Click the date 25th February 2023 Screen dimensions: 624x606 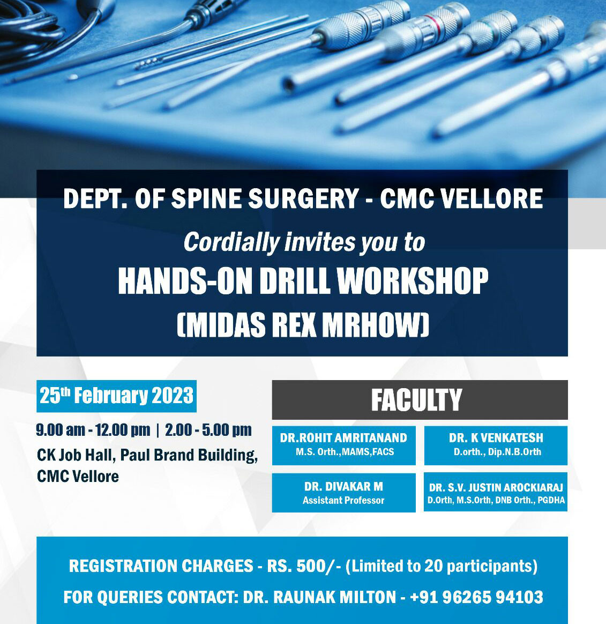(116, 396)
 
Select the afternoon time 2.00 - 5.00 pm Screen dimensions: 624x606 (208, 430)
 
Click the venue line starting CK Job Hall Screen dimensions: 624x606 (147, 455)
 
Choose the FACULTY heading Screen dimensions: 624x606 (416, 400)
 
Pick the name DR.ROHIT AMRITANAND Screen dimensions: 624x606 (343, 437)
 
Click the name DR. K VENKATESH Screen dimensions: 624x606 (496, 437)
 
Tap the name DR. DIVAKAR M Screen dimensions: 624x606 (343, 487)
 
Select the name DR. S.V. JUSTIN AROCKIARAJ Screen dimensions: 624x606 (496, 488)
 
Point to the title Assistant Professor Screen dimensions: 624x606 (343, 501)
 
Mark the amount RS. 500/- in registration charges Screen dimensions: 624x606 (304, 566)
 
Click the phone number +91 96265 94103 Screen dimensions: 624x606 (476, 597)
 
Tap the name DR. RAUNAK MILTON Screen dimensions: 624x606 (319, 597)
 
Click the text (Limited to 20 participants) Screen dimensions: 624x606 (442, 566)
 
